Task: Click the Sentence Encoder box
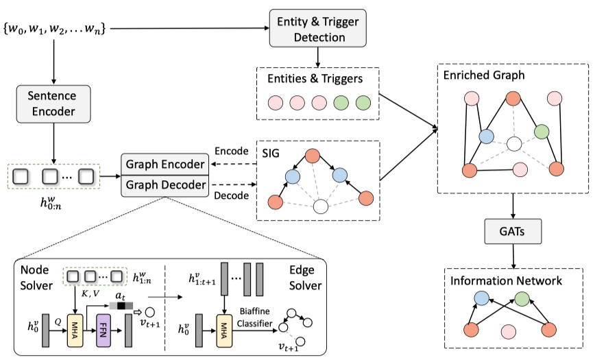coord(53,103)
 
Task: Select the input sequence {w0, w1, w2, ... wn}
coord(54,29)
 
